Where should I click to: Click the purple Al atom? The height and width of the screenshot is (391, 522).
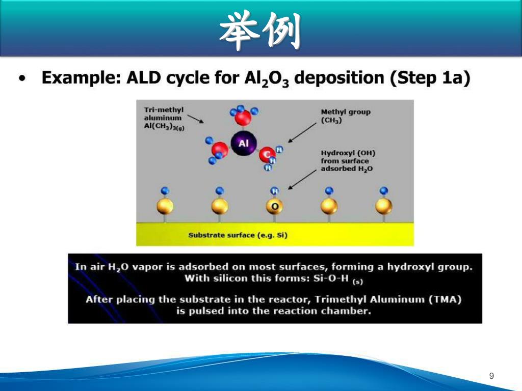(243, 143)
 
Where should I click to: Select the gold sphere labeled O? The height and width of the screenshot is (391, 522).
(275, 206)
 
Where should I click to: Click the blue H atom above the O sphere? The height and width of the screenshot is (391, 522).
(274, 191)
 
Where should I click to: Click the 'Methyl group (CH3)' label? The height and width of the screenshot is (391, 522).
(346, 116)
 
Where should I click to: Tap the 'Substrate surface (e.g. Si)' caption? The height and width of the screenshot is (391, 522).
(238, 235)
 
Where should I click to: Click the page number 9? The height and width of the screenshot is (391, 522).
(491, 376)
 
